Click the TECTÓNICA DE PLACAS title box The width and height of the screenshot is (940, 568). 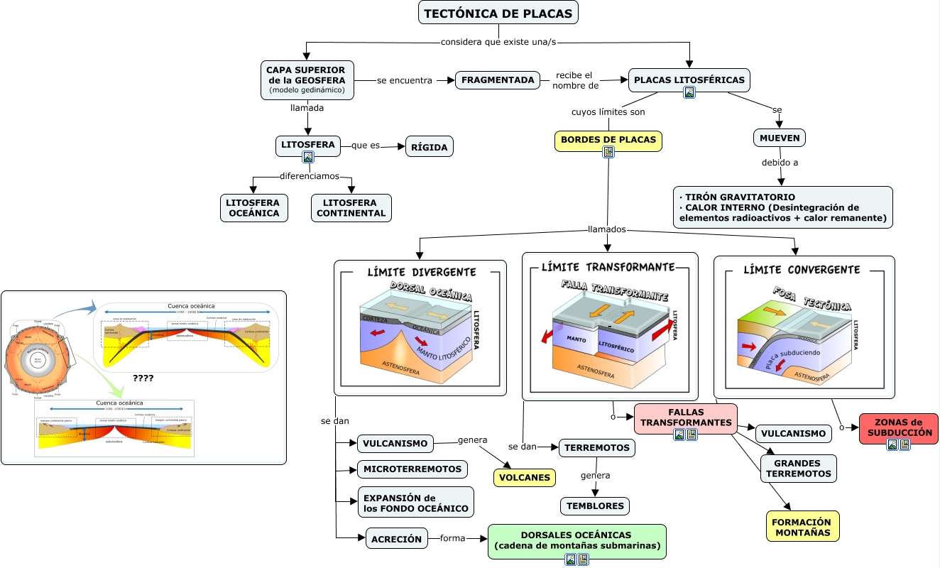[x=498, y=13]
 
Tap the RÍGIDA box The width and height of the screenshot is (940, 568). [x=429, y=147]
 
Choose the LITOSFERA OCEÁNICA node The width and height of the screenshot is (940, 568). [x=253, y=208]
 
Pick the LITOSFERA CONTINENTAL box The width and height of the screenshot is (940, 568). [x=351, y=208]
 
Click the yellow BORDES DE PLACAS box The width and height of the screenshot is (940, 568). [x=608, y=140]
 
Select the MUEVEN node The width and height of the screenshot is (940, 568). [x=779, y=138]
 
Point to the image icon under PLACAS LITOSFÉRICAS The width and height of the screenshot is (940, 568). [x=689, y=92]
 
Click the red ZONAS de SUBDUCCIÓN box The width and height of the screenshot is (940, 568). [x=899, y=427]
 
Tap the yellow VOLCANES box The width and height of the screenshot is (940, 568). [x=524, y=477]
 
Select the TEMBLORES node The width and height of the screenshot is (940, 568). [x=594, y=506]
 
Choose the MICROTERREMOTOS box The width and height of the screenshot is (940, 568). [x=412, y=469]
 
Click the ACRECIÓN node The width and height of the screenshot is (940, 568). [x=396, y=539]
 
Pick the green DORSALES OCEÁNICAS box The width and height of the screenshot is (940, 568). [x=576, y=540]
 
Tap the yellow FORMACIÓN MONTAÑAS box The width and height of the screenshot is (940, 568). [x=802, y=528]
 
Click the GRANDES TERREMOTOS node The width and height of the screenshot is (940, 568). [x=798, y=469]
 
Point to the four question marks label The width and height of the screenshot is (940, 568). [x=143, y=378]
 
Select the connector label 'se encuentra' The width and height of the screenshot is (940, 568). [x=404, y=80]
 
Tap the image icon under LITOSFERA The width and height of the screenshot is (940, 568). [x=307, y=158]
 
